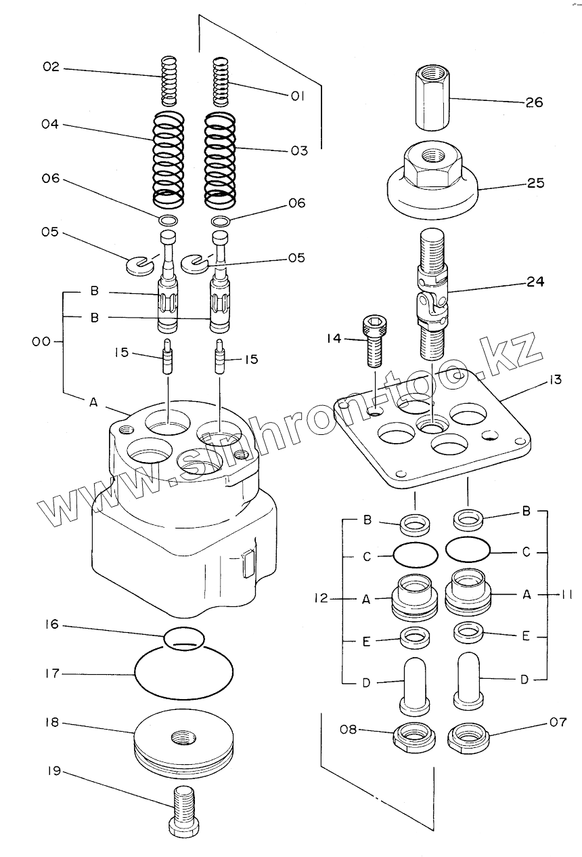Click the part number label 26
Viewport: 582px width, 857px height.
(x=534, y=103)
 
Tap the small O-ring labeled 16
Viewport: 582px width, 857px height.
(x=184, y=638)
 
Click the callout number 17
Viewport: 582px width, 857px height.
(x=53, y=674)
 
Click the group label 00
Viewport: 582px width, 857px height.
(x=42, y=343)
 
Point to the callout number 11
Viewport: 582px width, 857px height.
(x=566, y=595)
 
